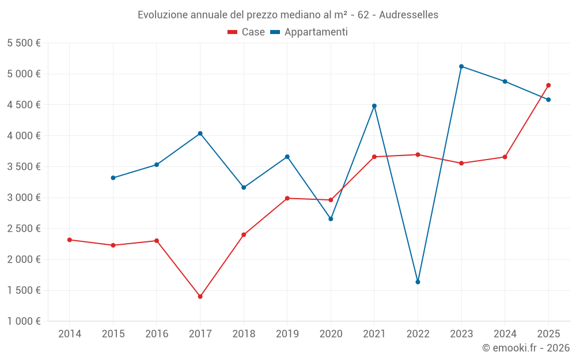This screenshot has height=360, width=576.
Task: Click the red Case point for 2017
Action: coord(200,297)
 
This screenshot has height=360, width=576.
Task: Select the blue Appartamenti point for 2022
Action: coord(418,282)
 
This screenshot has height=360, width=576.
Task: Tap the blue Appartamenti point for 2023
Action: coord(461,66)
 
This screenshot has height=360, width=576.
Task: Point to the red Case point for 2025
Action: coord(548,85)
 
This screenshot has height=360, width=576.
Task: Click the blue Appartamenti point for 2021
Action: coord(374,106)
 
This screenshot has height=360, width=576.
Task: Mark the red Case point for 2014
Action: coord(70,240)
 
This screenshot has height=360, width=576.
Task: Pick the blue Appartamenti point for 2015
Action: coord(113,178)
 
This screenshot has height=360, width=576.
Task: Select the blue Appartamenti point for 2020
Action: coord(331,219)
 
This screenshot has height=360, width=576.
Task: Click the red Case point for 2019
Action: coord(287,198)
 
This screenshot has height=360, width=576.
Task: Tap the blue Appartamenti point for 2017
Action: coord(200,134)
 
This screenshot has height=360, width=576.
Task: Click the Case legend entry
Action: coord(247,32)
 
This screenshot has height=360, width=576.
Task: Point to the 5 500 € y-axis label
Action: coord(24,43)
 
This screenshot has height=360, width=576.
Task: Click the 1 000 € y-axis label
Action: coord(24,321)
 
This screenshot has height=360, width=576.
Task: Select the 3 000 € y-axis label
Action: coord(24,198)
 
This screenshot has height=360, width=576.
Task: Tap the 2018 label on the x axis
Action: coord(244,334)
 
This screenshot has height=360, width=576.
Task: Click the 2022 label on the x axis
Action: coord(418,334)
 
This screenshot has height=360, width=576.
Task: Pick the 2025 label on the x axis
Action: coord(548,334)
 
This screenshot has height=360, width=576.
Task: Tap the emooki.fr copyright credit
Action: coord(526,348)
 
